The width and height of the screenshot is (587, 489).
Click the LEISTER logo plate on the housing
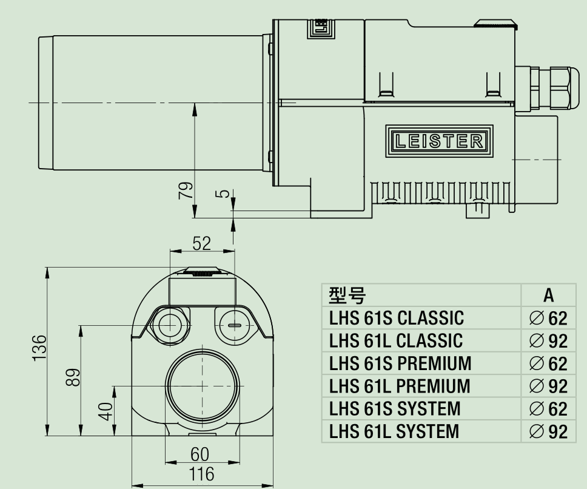coord(439,141)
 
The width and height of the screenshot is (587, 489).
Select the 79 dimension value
coord(186,190)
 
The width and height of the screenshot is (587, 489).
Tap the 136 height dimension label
coord(39,348)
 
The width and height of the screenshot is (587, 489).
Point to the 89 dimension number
coord(73,377)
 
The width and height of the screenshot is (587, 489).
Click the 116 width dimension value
coord(201,474)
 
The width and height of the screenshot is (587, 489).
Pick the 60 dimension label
coord(200,454)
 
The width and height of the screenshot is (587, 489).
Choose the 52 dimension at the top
coord(202,243)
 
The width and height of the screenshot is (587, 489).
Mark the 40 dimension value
coord(106,411)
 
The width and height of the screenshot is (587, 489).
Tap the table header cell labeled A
coord(548,295)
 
